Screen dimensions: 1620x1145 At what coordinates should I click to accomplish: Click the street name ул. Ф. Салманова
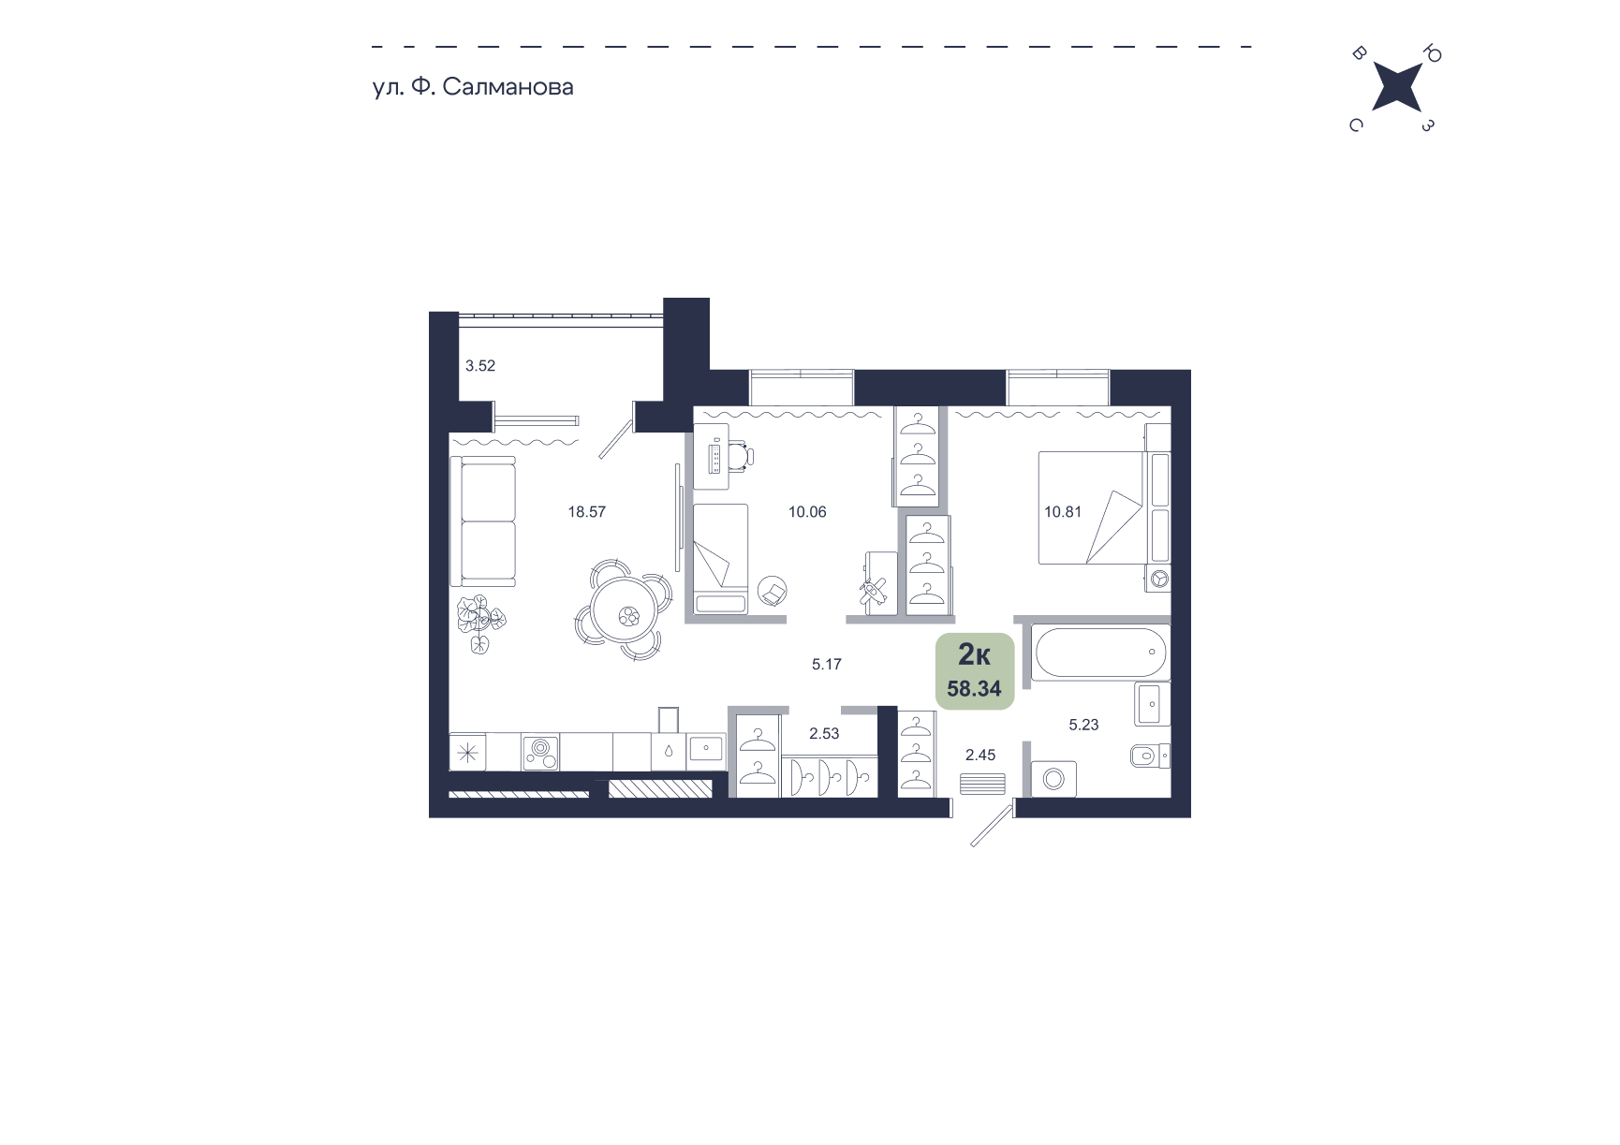point(473,87)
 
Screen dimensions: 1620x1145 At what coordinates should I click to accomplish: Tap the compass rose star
point(1396,87)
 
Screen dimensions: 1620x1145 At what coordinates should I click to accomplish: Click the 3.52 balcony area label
point(480,366)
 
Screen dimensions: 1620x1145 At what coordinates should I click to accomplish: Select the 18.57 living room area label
point(587,512)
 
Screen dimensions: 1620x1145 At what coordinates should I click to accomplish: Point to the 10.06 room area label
point(807,512)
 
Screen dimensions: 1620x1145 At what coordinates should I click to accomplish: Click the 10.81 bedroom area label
point(1063,512)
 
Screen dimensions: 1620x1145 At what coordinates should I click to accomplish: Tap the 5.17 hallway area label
point(827,665)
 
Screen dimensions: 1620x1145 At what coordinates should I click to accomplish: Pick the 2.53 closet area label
point(824,734)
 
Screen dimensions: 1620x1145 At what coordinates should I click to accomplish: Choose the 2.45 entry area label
point(980,756)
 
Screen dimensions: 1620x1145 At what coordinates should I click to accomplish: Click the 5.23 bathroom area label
point(1083,725)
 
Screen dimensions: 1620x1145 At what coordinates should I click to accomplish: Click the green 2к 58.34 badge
point(975,671)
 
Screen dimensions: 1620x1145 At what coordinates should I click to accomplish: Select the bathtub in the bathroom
point(1099,653)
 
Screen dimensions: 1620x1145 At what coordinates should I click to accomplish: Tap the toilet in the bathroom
point(1150,755)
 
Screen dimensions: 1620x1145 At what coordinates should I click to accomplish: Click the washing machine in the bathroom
point(1053,779)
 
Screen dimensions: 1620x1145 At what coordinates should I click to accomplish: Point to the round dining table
point(625,610)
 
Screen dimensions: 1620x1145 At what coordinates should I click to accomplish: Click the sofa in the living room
point(483,521)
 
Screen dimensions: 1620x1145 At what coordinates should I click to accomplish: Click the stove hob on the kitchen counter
point(540,751)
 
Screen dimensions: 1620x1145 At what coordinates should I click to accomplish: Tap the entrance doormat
point(982,784)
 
